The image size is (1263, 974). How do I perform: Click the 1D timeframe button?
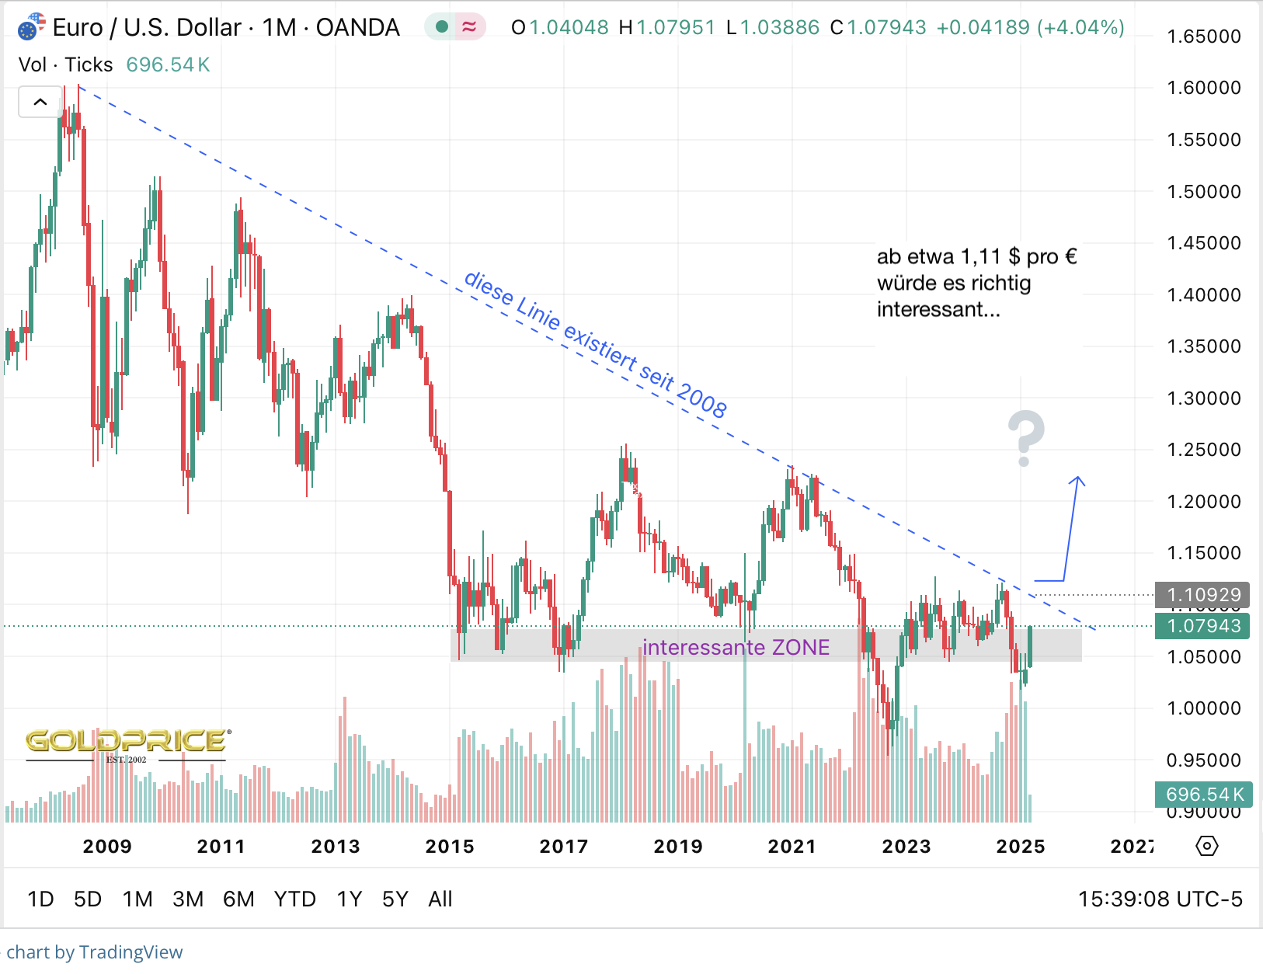(x=40, y=899)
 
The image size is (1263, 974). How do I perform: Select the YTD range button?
(x=294, y=899)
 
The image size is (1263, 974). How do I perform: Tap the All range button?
(x=440, y=899)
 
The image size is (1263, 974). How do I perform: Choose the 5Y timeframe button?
(x=395, y=899)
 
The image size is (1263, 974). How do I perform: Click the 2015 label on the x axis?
(x=450, y=846)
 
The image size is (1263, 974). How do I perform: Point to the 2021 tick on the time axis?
(x=792, y=846)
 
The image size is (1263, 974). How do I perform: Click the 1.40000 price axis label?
(x=1203, y=295)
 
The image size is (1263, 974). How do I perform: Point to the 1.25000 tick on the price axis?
(x=1203, y=450)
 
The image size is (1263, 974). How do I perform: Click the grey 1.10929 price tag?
(x=1202, y=595)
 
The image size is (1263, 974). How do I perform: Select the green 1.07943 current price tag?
(x=1202, y=626)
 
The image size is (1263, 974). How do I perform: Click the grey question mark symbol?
(x=1025, y=438)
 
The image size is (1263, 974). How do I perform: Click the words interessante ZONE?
(x=736, y=647)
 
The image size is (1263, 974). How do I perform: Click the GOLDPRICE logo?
(x=127, y=742)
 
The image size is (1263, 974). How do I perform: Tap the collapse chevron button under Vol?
(x=40, y=102)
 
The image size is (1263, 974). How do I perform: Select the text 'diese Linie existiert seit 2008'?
(x=595, y=344)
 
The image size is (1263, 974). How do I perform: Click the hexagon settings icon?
(x=1207, y=846)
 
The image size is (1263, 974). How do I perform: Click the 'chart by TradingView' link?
(x=94, y=952)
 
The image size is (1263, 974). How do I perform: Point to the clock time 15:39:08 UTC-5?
(x=1160, y=899)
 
